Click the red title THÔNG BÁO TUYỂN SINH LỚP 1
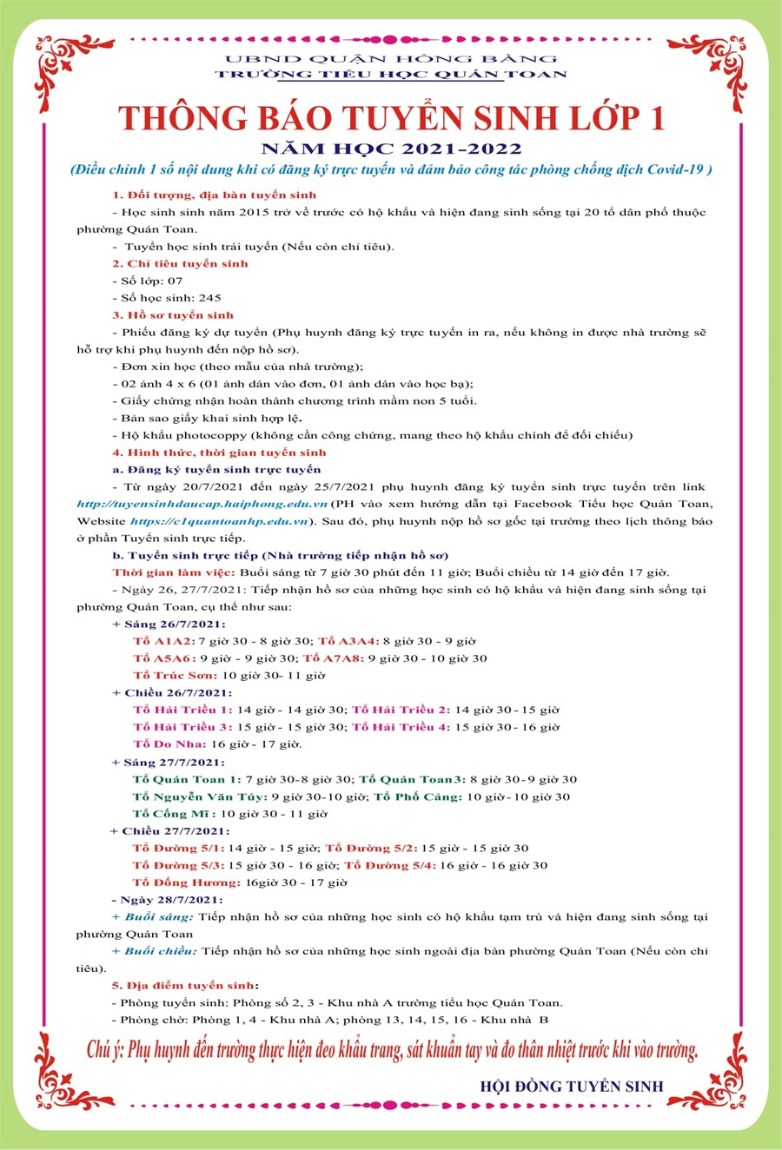[x=391, y=118]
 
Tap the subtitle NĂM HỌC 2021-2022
[x=391, y=149]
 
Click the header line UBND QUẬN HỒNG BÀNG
[x=391, y=59]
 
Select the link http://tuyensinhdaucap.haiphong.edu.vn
[x=202, y=504]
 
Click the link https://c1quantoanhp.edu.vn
[x=220, y=521]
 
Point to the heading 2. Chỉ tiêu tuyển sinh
[x=180, y=263]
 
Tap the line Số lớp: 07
[x=151, y=281]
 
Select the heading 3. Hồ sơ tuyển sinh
[x=173, y=314]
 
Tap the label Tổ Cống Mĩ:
[x=173, y=813]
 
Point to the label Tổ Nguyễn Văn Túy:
[x=198, y=796]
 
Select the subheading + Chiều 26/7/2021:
[x=172, y=692]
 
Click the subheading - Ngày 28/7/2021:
[x=167, y=899]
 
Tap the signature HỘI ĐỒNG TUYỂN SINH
[x=571, y=1086]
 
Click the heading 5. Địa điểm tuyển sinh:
[x=184, y=985]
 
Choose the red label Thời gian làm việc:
[x=174, y=572]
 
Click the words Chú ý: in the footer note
[x=105, y=1049]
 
